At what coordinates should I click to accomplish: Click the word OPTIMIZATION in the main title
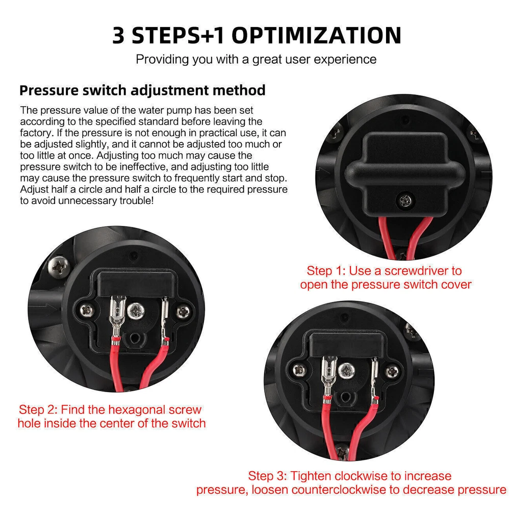click(x=316, y=35)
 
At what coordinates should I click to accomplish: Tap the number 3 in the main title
click(x=118, y=35)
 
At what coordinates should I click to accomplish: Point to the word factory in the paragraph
click(x=36, y=133)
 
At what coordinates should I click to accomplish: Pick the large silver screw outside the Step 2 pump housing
click(x=59, y=267)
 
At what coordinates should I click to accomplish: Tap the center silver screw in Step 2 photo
click(x=136, y=311)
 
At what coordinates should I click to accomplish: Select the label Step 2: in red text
click(x=38, y=410)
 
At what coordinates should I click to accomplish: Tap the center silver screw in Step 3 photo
click(x=347, y=371)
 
